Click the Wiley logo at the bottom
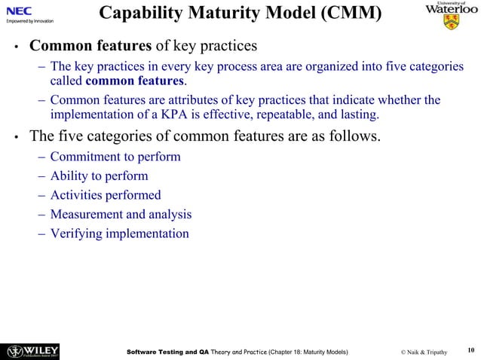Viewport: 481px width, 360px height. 33,351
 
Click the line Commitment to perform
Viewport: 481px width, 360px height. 115,157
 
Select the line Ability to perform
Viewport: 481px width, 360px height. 99,176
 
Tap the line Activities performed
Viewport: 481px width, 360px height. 106,195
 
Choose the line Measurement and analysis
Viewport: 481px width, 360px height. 121,214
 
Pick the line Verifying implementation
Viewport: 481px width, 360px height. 119,233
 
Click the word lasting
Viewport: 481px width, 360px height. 360,115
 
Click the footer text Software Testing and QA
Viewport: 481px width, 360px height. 167,351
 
